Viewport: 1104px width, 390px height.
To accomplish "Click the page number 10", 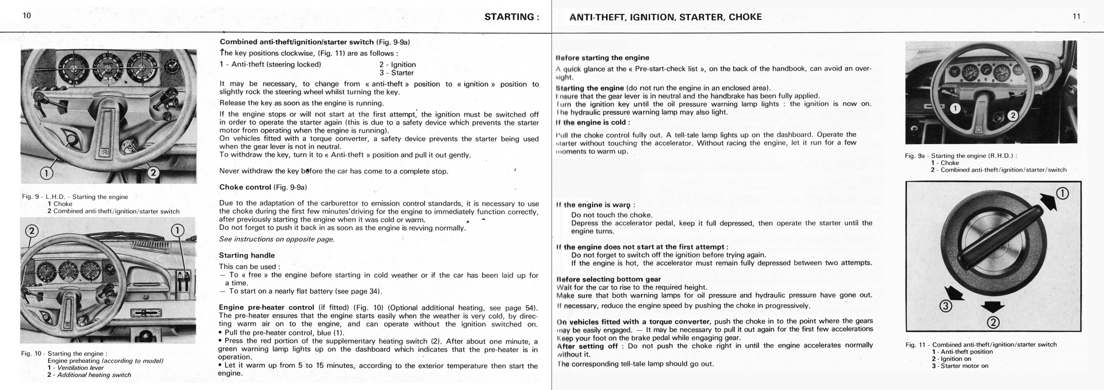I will (27, 16).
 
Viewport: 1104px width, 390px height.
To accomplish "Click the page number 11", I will (1076, 17).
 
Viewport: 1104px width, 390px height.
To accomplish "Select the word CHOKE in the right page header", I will (745, 17).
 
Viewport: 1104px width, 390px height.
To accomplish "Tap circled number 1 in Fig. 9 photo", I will (47, 173).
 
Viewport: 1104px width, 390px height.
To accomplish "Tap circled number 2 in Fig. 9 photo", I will (153, 173).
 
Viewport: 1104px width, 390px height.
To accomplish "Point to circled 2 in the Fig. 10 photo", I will (31, 231).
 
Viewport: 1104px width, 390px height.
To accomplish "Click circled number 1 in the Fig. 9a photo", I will (956, 108).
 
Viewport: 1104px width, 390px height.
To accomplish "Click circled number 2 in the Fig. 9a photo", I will (1012, 115).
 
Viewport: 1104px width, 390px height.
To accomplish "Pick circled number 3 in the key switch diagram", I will (946, 306).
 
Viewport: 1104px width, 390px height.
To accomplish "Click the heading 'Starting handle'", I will (247, 255).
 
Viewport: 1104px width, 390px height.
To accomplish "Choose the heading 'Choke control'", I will (245, 187).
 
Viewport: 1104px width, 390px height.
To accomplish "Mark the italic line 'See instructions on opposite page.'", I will (277, 239).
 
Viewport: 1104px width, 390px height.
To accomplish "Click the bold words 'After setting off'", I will (587, 346).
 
